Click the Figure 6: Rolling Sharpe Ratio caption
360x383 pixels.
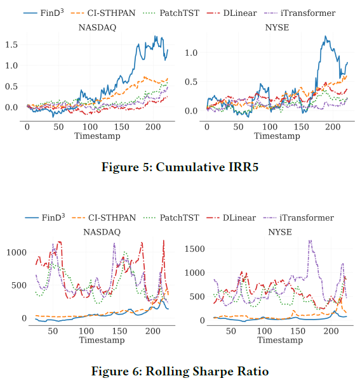[180, 371]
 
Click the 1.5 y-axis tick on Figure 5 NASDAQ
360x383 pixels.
[11, 44]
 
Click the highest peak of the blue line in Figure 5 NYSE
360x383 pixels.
[325, 37]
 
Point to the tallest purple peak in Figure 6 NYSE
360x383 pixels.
[310, 240]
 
